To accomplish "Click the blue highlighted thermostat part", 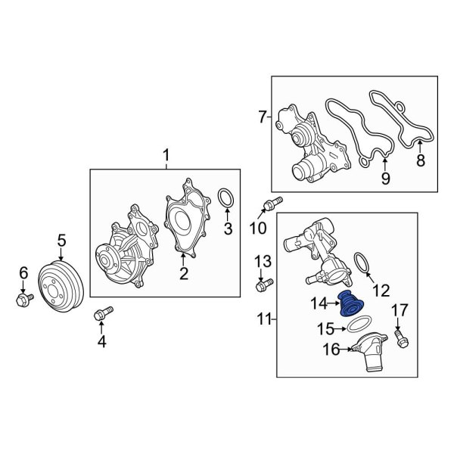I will [350, 305].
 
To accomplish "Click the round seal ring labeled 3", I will [225, 199].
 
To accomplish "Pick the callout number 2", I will [183, 273].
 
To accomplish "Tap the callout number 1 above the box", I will [166, 157].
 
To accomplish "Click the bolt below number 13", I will [263, 285].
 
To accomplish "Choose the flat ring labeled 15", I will [351, 326].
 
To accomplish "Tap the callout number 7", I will [262, 117].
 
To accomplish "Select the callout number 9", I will [384, 179].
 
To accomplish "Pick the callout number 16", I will [331, 350].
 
